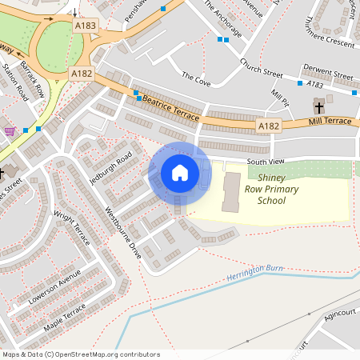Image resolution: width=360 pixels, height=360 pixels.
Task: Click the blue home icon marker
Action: coord(180,173)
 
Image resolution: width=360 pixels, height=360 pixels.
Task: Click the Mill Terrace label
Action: coord(330,121)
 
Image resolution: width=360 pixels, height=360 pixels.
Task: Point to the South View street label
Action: coord(266,162)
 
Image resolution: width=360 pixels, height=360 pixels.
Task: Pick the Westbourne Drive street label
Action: coord(124,233)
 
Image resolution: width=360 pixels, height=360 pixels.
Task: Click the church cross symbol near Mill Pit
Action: coord(318,106)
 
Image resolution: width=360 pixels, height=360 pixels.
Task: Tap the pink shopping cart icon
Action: coord(10,131)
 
